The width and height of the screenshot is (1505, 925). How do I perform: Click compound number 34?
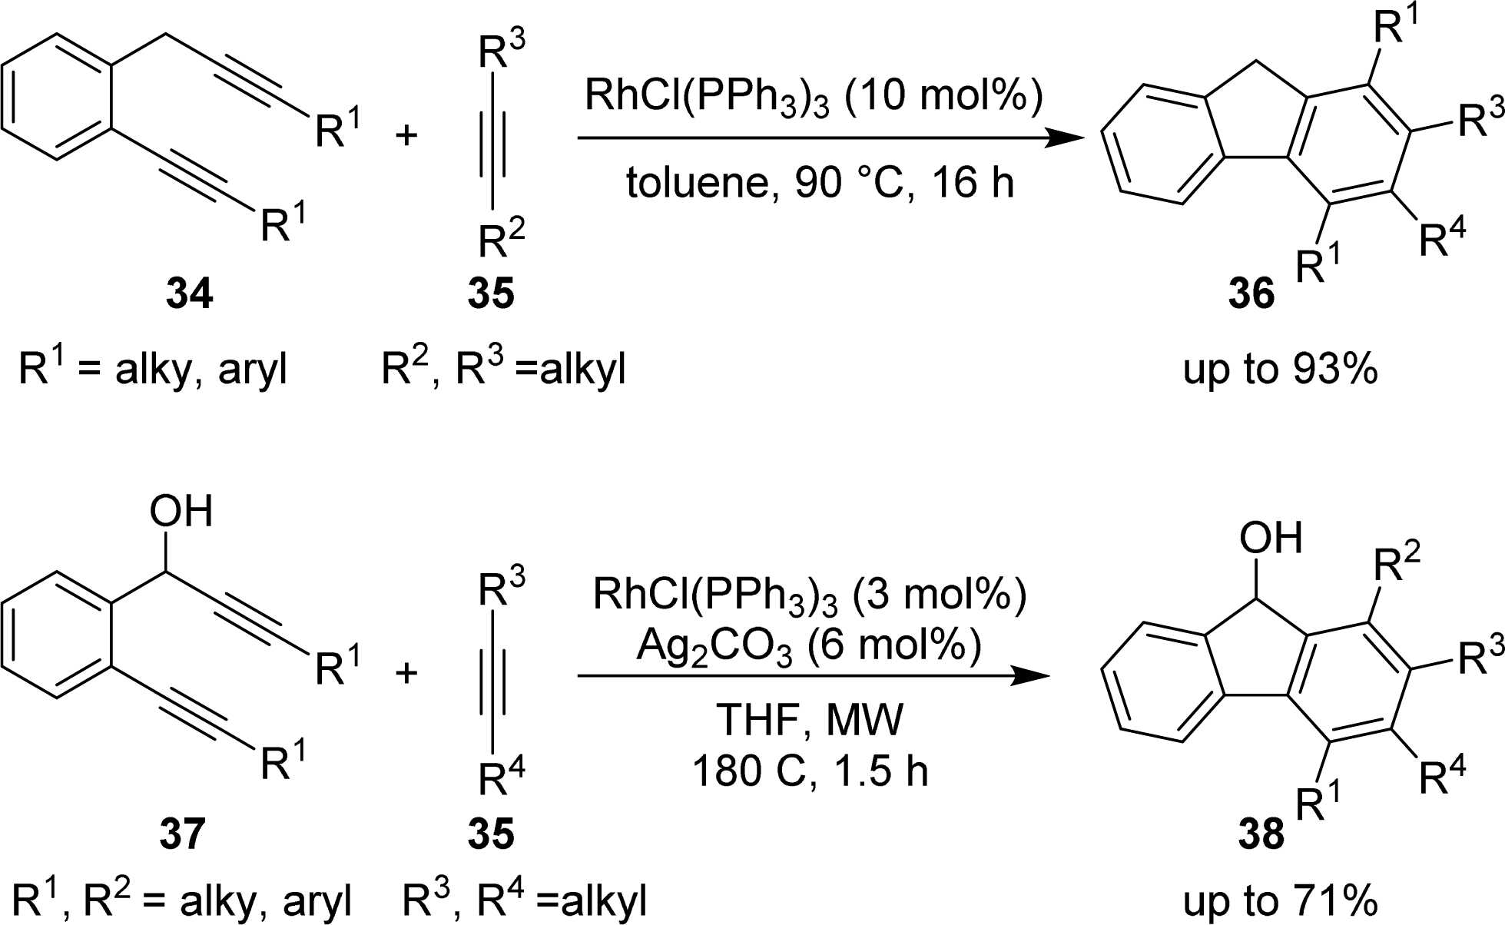(189, 293)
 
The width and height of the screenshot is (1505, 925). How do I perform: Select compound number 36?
(1251, 293)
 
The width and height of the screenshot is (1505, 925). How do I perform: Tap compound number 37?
(183, 834)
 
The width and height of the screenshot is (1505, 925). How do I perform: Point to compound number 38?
(1261, 834)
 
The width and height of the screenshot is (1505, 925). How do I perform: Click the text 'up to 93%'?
(1280, 369)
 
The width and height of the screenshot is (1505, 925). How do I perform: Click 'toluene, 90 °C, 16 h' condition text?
(820, 183)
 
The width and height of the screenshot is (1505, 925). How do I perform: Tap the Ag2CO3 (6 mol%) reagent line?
(809, 646)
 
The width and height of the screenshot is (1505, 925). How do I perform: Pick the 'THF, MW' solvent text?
(810, 720)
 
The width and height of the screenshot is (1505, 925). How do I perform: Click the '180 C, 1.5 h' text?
(810, 770)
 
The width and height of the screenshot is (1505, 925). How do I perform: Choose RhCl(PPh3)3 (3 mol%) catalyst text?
(809, 595)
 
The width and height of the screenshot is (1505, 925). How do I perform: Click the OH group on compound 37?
(181, 512)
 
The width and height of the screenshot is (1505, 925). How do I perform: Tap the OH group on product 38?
(1271, 538)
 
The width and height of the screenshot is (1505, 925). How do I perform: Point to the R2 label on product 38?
(1397, 564)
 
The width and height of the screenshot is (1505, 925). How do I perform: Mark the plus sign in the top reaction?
(406, 135)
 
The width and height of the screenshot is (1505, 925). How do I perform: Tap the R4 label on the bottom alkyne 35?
(501, 777)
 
